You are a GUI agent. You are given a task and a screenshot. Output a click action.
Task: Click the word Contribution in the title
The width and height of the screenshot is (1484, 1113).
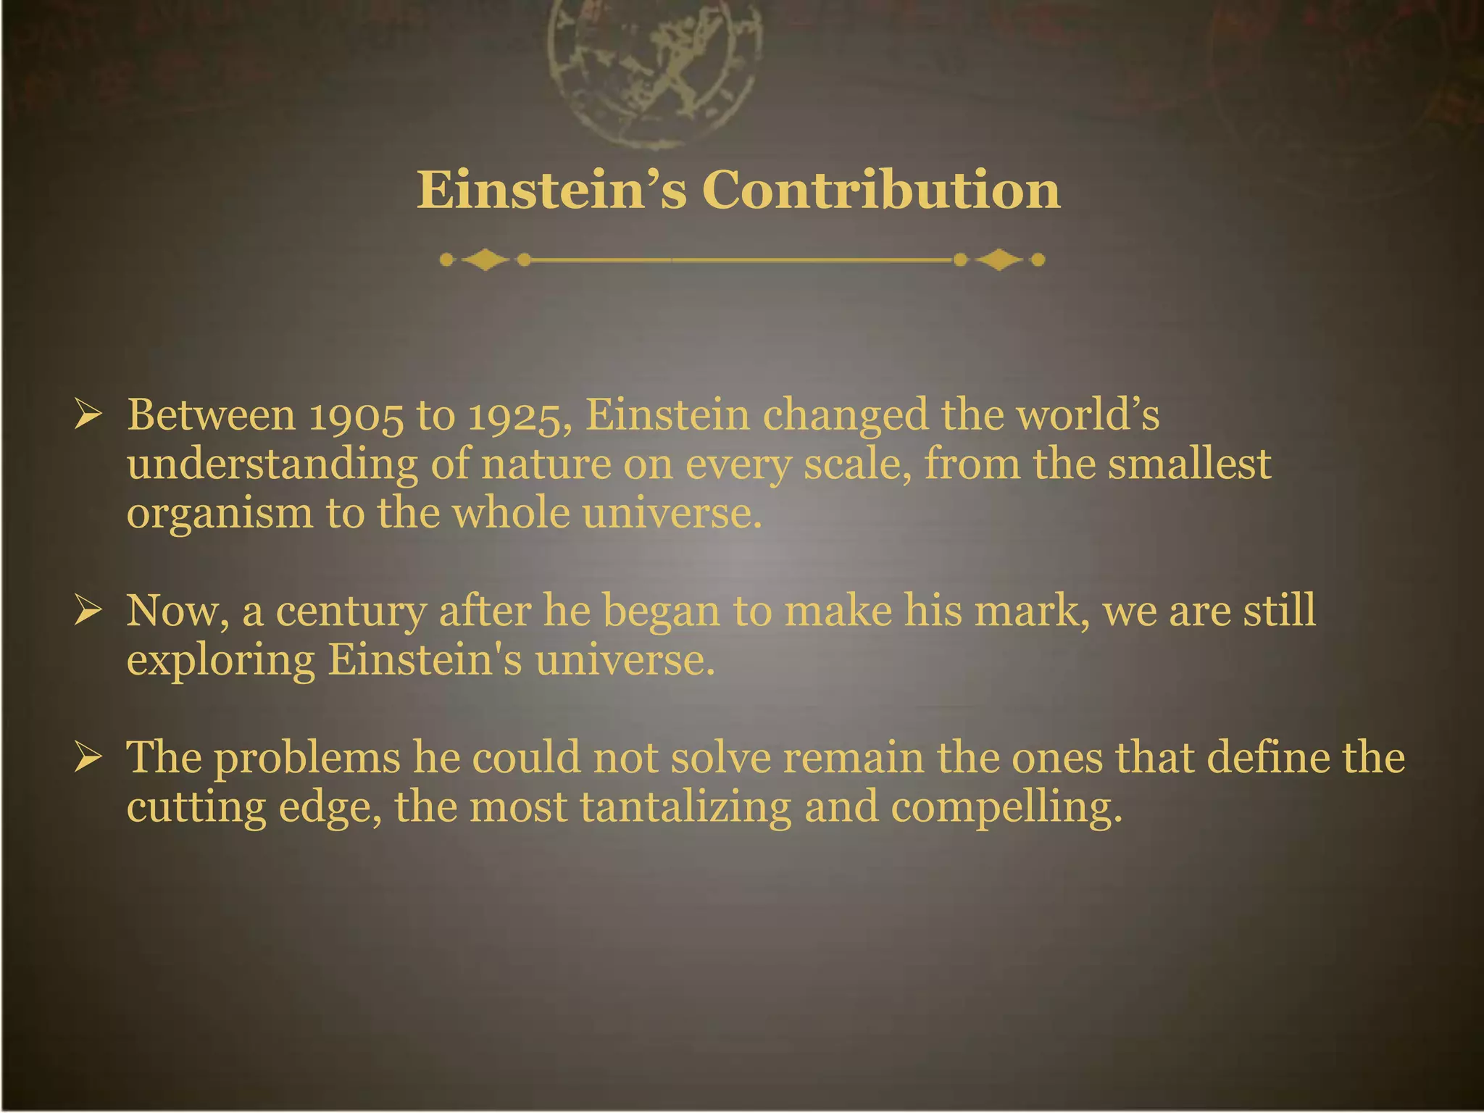(x=881, y=190)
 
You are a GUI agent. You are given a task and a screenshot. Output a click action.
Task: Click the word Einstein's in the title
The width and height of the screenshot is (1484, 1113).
(x=551, y=190)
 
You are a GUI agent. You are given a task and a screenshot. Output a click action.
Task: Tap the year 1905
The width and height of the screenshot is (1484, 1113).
(x=356, y=416)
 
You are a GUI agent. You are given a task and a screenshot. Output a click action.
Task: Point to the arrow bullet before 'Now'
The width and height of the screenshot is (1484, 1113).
(x=88, y=611)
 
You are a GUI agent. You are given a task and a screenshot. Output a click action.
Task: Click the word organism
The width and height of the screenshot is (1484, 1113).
(x=220, y=514)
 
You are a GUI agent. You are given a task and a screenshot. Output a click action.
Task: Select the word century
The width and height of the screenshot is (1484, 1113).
(x=351, y=611)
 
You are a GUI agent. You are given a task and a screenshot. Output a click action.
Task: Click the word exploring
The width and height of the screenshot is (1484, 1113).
(x=221, y=661)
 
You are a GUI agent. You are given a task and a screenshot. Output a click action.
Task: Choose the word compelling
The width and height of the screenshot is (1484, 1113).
(x=1006, y=807)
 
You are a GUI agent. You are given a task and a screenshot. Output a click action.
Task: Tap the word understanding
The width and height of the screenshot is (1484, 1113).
(x=272, y=465)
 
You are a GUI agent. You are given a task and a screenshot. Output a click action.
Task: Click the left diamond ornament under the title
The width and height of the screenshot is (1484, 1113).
(x=485, y=259)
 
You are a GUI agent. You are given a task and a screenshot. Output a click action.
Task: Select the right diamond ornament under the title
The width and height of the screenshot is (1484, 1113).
(x=999, y=259)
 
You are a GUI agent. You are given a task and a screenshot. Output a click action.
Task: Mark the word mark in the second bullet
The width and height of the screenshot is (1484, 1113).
(x=1032, y=611)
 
